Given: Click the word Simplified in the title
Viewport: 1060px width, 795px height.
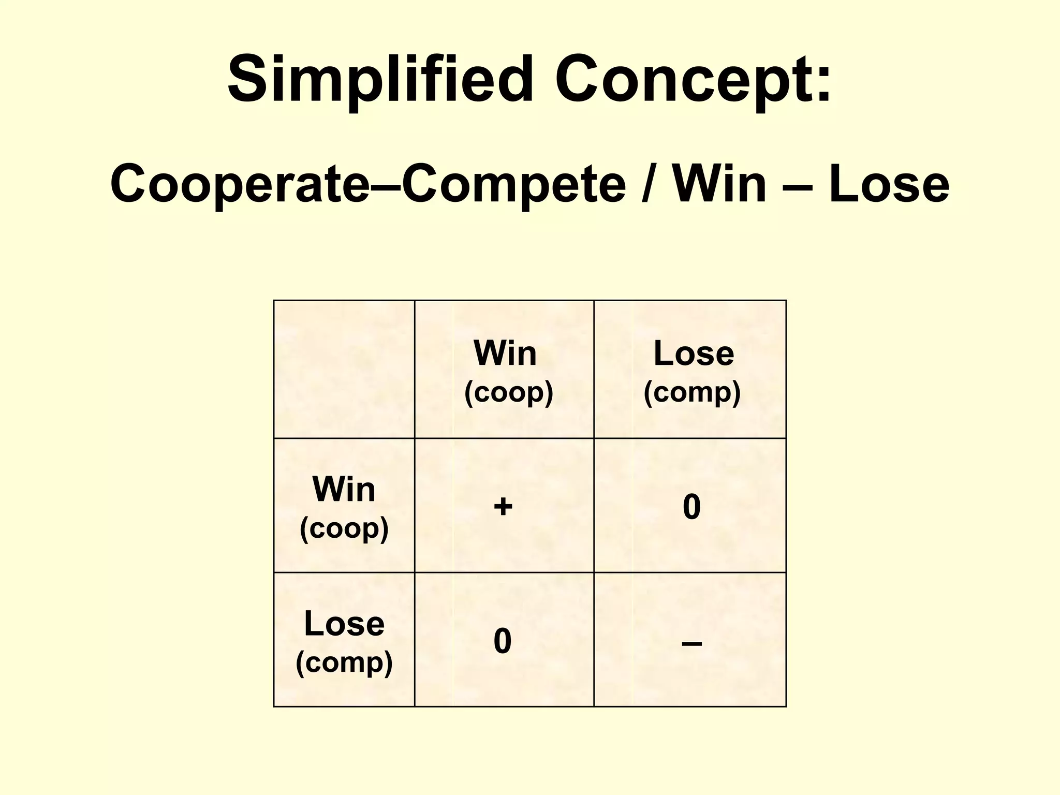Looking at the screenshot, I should pos(380,80).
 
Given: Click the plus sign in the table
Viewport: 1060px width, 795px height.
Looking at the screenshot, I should pos(503,506).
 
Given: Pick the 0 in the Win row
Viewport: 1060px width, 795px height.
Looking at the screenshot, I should pos(691,507).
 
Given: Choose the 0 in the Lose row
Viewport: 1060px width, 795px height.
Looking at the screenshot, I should pos(503,641).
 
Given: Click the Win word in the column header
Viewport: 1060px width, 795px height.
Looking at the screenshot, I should pos(505,354).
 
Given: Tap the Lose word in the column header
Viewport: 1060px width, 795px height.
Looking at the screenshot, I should pos(694,354).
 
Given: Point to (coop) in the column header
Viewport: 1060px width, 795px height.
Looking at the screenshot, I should pos(509,392).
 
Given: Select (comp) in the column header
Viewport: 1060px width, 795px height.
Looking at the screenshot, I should pos(692,392).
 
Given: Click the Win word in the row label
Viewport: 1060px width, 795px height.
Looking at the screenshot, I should pos(344,489).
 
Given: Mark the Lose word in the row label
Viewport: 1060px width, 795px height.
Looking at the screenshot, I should pos(344,624).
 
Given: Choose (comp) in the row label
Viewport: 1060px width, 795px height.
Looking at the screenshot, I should pos(344,662).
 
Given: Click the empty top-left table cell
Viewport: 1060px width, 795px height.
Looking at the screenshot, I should pos(344,369).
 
